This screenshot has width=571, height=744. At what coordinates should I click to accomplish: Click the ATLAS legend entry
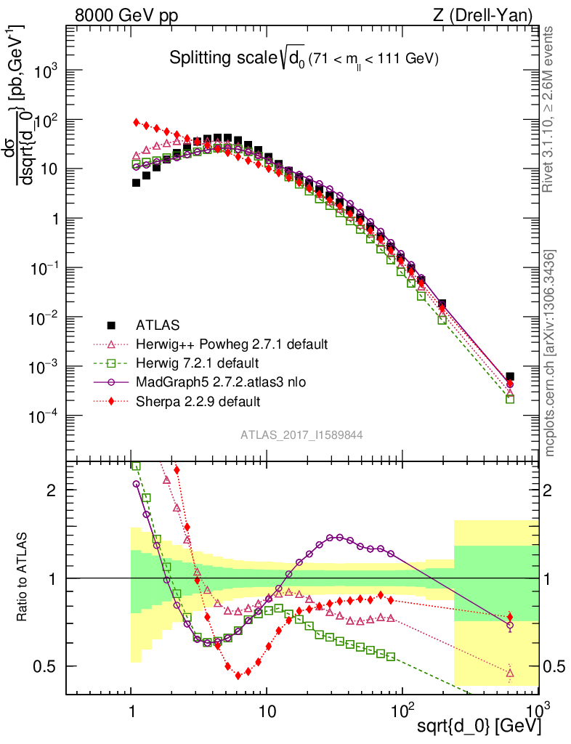coord(156,325)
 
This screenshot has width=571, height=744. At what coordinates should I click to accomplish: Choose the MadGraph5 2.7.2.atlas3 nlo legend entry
coord(222,381)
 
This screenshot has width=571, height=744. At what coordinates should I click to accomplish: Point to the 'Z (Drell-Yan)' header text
coord(490,15)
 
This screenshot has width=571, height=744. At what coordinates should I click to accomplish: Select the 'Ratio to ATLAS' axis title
coord(23,578)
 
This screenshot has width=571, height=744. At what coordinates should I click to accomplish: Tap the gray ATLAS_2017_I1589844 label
coord(301,434)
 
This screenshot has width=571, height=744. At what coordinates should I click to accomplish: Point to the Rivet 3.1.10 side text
coord(550,109)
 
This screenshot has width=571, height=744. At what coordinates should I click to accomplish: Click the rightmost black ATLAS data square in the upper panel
coord(510,376)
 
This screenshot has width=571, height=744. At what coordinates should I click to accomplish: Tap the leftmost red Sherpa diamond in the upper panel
coord(137,122)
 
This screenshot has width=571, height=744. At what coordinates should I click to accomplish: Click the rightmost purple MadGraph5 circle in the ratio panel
coord(510,625)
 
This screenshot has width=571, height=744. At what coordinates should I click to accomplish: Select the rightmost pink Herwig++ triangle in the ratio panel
coord(510,673)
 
